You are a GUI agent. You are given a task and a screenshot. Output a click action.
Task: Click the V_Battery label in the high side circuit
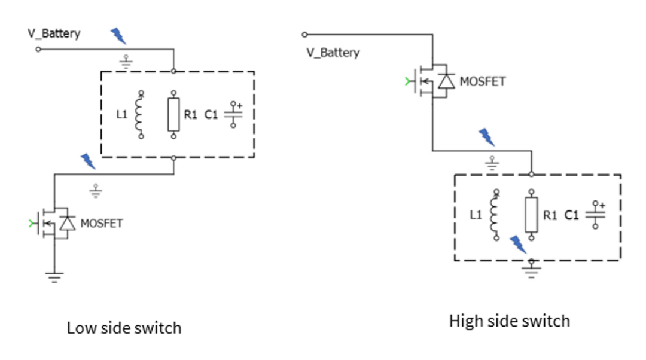(x=333, y=53)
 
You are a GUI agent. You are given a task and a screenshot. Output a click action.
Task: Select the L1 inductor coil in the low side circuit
(x=141, y=114)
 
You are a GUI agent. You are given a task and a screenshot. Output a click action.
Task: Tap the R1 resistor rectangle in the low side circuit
(x=173, y=115)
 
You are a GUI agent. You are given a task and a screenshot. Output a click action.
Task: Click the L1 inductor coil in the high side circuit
(x=495, y=215)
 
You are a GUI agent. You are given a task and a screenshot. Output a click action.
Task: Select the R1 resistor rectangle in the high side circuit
(x=530, y=215)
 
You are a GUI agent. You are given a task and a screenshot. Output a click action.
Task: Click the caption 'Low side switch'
(x=124, y=328)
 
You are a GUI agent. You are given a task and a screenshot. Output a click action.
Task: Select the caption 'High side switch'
(x=509, y=321)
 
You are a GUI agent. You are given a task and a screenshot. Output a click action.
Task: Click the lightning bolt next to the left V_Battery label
(x=119, y=36)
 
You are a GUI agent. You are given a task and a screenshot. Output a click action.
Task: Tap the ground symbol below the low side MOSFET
(x=54, y=276)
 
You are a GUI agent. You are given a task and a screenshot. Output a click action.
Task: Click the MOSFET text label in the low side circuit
(x=102, y=224)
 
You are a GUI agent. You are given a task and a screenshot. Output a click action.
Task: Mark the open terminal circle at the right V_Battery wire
(x=305, y=34)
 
